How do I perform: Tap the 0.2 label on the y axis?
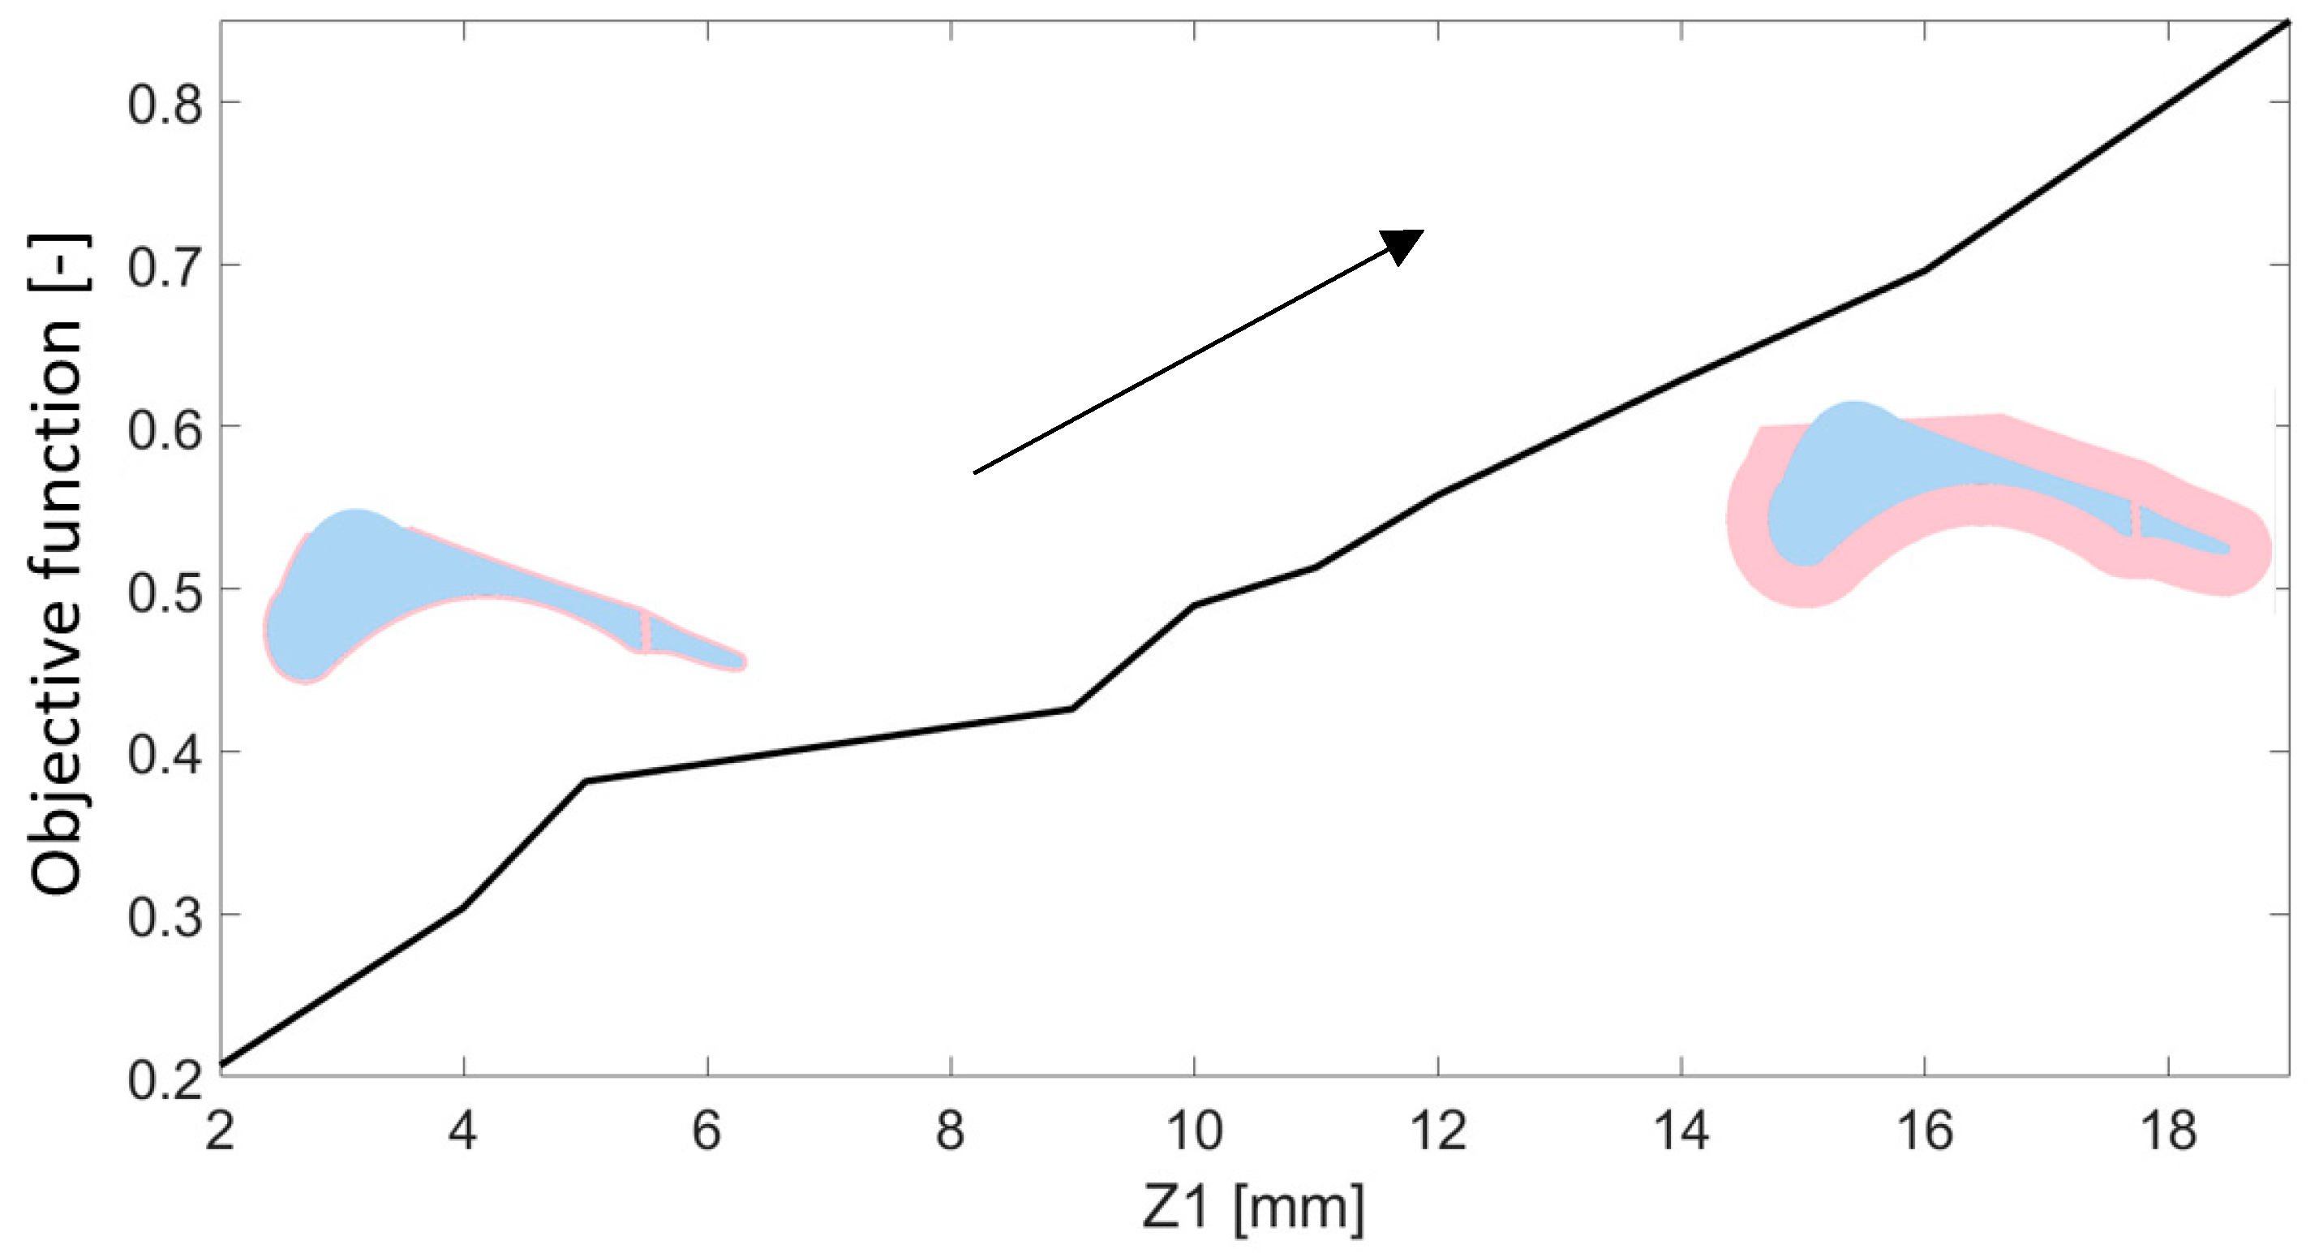165,1079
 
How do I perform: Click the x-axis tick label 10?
1195,1130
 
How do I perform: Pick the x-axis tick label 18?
2169,1130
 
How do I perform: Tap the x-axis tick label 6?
706,1130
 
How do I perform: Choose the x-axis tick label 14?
1681,1130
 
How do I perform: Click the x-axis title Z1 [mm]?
1252,1208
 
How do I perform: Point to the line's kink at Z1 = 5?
586,781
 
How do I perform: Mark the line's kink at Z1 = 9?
1072,709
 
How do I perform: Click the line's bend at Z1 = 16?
1925,269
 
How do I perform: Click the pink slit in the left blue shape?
646,631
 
